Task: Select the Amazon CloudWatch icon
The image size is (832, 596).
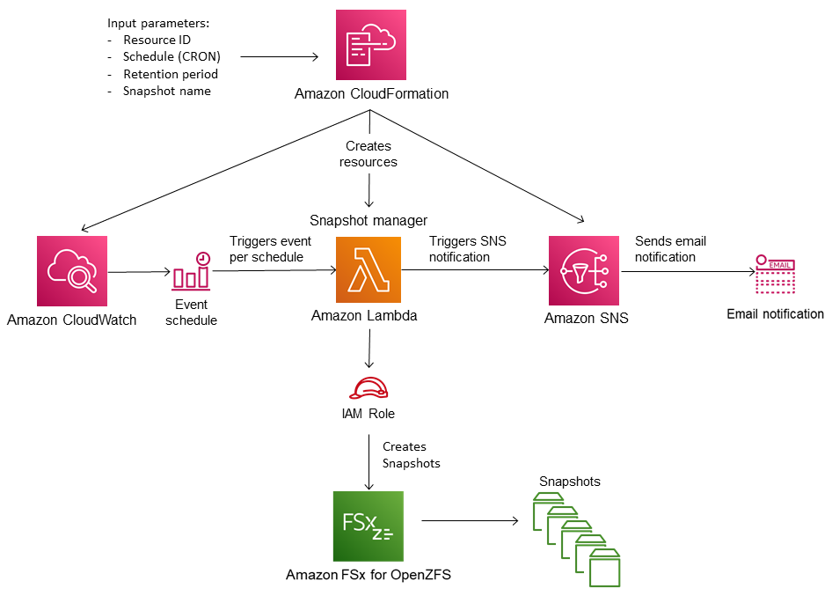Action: pos(72,270)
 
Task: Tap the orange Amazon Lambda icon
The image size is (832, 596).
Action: pos(368,269)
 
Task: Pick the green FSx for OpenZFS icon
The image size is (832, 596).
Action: pos(369,526)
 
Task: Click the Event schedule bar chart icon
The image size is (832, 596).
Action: pos(192,272)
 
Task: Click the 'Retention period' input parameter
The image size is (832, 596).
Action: pos(171,74)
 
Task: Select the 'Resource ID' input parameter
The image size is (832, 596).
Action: pos(157,40)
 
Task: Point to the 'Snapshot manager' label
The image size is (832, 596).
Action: pos(368,220)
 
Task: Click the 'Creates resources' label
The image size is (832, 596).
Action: pos(369,154)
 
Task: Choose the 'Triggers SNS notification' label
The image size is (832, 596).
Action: pos(467,248)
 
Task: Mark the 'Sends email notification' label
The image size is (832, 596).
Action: pos(669,249)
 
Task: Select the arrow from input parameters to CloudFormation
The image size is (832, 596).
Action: pos(279,57)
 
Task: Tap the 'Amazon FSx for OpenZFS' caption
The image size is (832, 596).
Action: pos(369,575)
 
